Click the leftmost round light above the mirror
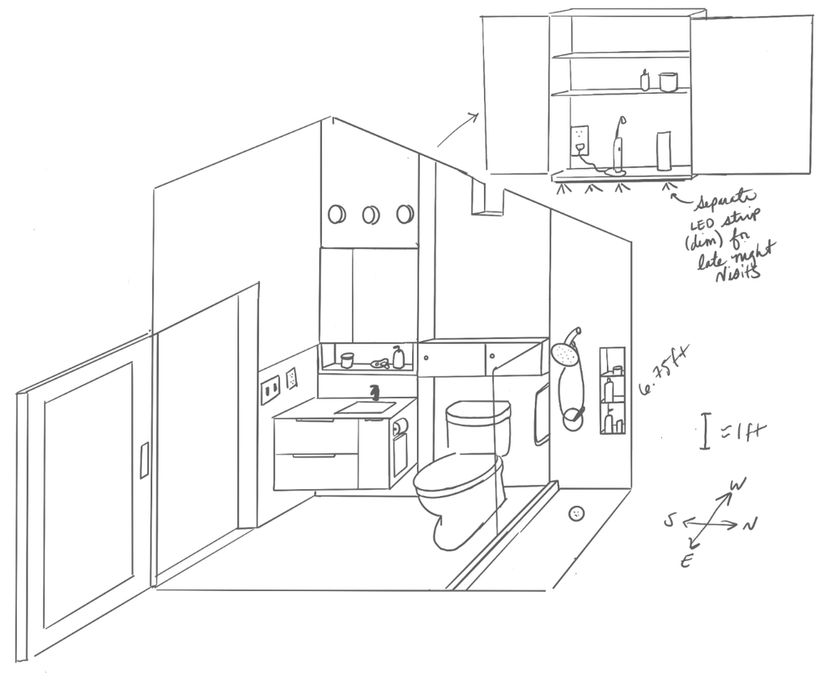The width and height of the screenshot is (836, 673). (x=337, y=215)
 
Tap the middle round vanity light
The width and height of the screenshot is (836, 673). (x=370, y=215)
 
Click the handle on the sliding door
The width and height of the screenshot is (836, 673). (x=144, y=461)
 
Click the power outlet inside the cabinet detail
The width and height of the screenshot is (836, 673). (x=579, y=135)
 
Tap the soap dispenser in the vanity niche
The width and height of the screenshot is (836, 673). (x=399, y=358)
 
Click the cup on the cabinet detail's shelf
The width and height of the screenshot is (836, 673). (x=666, y=82)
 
